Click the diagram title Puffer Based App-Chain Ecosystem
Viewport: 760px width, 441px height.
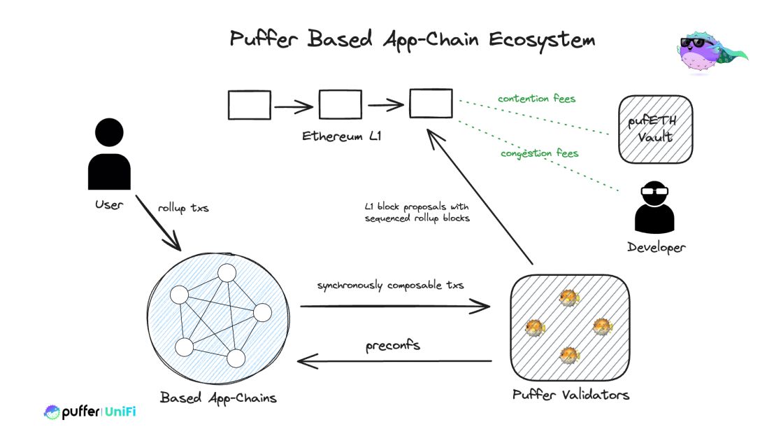[x=413, y=40]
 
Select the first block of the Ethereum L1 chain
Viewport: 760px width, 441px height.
[x=249, y=105]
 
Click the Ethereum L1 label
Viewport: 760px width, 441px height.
[x=341, y=135]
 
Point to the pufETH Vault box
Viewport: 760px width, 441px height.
[x=655, y=130]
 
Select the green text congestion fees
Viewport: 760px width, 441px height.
[x=539, y=153]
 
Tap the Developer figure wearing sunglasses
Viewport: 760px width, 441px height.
[x=656, y=206]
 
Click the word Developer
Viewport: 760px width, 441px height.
[x=656, y=247]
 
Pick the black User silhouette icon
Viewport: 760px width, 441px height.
[x=109, y=154]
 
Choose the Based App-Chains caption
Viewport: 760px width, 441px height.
[x=218, y=398]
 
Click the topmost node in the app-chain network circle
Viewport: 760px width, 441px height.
[x=227, y=274]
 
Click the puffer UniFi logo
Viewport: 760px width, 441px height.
[x=89, y=412]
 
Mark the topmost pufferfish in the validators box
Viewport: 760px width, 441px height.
[x=568, y=299]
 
